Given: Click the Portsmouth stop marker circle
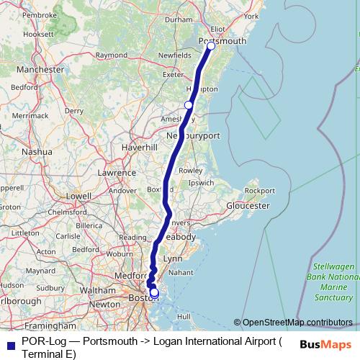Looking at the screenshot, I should pyautogui.click(x=211, y=46).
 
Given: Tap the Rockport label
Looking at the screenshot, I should pyautogui.click(x=259, y=190).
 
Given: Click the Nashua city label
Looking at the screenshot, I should pyautogui.click(x=37, y=152).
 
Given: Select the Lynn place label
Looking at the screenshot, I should pyautogui.click(x=174, y=258).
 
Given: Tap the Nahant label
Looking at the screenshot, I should pyautogui.click(x=180, y=272).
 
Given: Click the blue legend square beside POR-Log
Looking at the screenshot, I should pyautogui.click(x=9, y=344).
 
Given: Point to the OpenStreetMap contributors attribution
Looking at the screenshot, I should pyautogui.click(x=293, y=323).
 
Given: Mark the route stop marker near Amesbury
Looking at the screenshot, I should pyautogui.click(x=189, y=105).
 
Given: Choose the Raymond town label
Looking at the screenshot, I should pyautogui.click(x=112, y=55).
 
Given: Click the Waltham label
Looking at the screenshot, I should pyautogui.click(x=94, y=289).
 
